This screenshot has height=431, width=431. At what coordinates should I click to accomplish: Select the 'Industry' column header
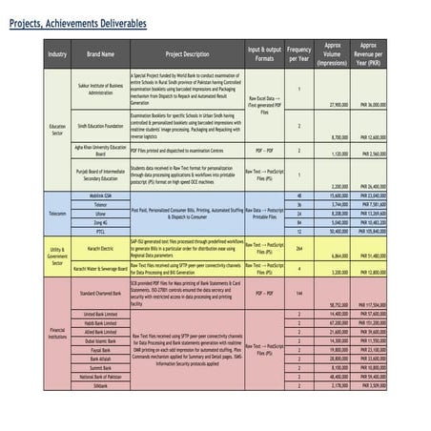(57, 54)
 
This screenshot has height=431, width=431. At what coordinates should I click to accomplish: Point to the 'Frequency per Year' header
(299, 54)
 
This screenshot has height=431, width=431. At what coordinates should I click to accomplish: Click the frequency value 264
(299, 249)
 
